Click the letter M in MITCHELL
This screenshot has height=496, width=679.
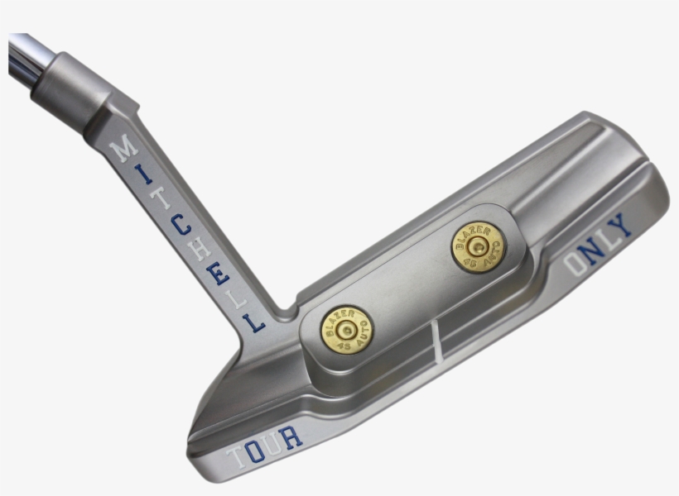[125, 149]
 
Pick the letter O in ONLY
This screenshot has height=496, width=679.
[575, 263]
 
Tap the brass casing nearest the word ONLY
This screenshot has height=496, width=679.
[478, 246]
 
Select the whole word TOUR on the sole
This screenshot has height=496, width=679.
[265, 446]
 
